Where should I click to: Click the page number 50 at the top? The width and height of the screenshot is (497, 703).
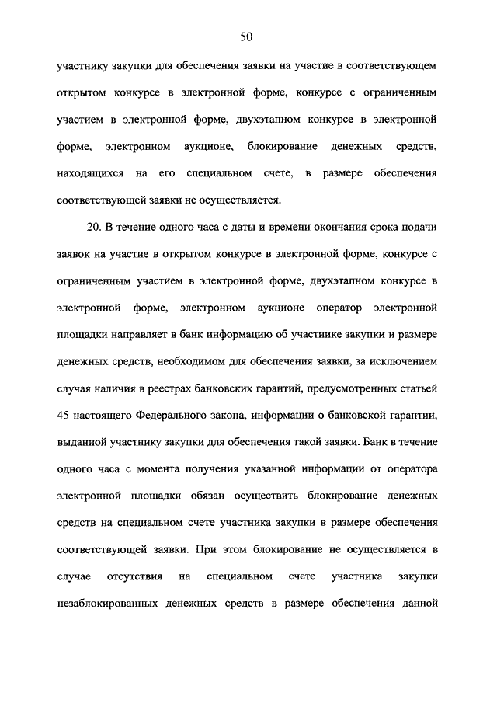point(248,37)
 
